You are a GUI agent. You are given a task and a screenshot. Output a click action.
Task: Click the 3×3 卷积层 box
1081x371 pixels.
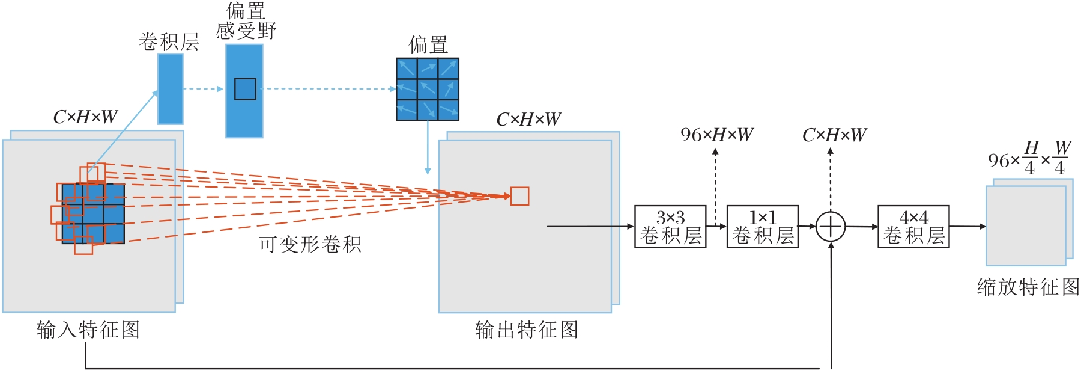pyautogui.click(x=670, y=227)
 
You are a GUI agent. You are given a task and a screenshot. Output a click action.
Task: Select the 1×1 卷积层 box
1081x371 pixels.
pyautogui.click(x=762, y=227)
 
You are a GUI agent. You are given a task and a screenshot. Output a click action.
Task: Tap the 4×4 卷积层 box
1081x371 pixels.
pyautogui.click(x=913, y=227)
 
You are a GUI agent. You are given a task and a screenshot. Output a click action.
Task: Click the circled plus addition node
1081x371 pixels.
pyautogui.click(x=831, y=227)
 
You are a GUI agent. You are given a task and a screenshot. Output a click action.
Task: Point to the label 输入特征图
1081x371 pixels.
pyautogui.click(x=88, y=330)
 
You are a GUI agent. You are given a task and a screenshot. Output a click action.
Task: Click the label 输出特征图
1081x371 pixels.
pyautogui.click(x=527, y=330)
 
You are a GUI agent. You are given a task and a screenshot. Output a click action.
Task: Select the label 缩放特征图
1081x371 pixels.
pyautogui.click(x=1028, y=287)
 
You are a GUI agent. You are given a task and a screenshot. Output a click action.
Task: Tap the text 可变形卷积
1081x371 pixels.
pyautogui.click(x=310, y=245)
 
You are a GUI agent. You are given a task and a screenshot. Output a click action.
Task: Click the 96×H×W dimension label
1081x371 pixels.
pyautogui.click(x=716, y=135)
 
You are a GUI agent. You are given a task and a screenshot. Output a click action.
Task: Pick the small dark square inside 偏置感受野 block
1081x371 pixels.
pyautogui.click(x=245, y=89)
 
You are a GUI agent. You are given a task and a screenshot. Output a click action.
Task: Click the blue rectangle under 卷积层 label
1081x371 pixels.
pyautogui.click(x=171, y=89)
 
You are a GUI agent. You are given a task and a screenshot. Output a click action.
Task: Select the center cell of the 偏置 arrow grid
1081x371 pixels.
pyautogui.click(x=428, y=89)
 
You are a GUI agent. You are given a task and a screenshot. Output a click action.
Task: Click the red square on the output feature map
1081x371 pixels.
pyautogui.click(x=519, y=197)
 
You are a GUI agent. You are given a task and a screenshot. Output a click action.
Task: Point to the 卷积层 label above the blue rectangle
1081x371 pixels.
pyautogui.click(x=169, y=42)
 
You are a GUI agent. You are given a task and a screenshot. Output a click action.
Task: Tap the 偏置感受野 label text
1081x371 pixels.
pyautogui.click(x=246, y=21)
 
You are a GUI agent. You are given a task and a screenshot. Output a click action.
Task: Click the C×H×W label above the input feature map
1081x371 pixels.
pyautogui.click(x=85, y=117)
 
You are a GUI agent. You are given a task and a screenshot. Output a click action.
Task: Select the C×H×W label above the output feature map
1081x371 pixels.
pyautogui.click(x=528, y=120)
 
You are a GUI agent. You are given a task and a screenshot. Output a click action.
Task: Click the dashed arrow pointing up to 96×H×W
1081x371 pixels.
pyautogui.click(x=715, y=186)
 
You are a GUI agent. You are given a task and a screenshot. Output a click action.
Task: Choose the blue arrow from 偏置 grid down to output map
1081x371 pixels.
pyautogui.click(x=428, y=147)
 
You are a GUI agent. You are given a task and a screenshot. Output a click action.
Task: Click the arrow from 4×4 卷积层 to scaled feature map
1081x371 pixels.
pyautogui.click(x=967, y=227)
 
